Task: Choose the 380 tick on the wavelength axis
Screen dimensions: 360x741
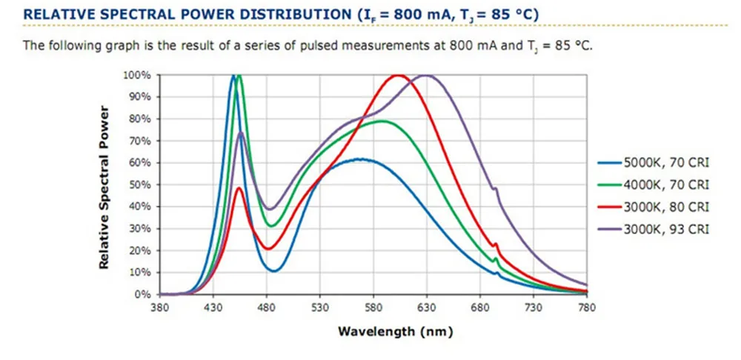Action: click(x=160, y=307)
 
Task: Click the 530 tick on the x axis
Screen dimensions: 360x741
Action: click(x=320, y=307)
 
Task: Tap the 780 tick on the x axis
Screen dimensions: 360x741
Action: click(x=587, y=307)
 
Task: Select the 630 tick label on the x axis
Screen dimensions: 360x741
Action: click(x=427, y=307)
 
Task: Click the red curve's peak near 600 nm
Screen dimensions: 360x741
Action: click(x=398, y=76)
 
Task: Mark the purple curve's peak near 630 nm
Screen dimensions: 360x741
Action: click(x=428, y=76)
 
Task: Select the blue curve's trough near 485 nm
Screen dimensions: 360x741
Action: click(x=274, y=270)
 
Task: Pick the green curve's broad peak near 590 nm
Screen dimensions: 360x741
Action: click(x=382, y=121)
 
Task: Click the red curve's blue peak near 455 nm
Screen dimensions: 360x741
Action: click(x=239, y=188)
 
